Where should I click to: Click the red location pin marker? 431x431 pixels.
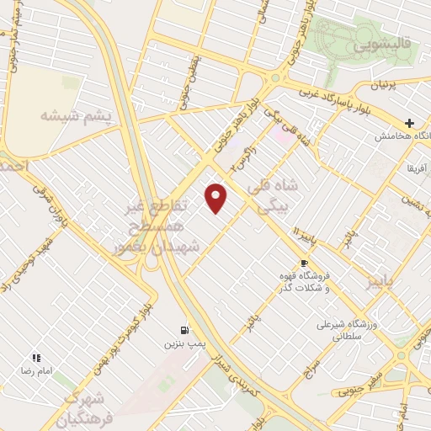(x=216, y=198)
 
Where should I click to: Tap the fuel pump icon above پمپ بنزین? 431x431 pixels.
(x=184, y=330)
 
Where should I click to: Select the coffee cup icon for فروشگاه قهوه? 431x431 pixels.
(x=304, y=263)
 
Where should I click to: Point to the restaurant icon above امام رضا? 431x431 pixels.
(x=36, y=358)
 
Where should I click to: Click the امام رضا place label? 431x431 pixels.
(x=36, y=371)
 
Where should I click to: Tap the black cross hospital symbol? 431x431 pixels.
(x=410, y=123)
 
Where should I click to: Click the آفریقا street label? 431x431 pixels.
(x=416, y=169)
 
